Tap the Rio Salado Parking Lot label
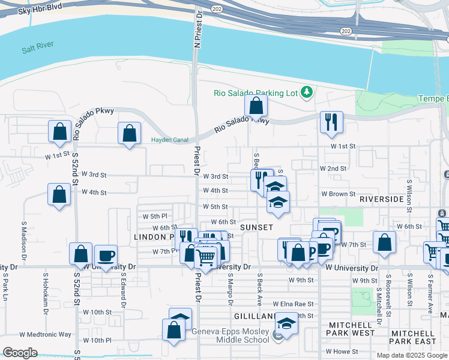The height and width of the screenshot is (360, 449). (x=256, y=92)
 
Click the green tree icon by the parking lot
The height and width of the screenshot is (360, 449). (x=307, y=92)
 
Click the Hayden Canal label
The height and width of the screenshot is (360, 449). (x=169, y=140)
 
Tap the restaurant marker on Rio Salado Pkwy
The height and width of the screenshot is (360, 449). (x=331, y=122)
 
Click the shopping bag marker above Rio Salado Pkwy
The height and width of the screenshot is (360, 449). (x=256, y=106)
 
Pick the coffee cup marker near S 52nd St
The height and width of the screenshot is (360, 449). (x=106, y=256)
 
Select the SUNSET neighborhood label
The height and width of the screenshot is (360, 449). (x=256, y=227)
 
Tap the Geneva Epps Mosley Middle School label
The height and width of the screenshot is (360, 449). (x=231, y=335)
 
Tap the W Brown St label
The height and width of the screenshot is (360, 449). (x=338, y=194)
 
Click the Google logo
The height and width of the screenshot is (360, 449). (x=20, y=353)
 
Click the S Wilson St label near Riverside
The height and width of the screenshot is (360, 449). (x=409, y=194)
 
